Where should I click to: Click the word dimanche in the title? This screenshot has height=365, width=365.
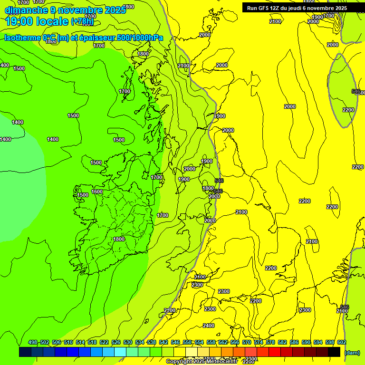pos(26,10)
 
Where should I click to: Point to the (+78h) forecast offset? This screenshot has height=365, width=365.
pos(82,21)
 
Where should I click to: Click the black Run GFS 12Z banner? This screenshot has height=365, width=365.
pos(297,8)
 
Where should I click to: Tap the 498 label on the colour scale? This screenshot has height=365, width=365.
pos(33,342)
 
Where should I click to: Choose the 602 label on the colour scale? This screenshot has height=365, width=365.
pos(342,342)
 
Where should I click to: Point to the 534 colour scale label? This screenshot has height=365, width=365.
pos(140,342)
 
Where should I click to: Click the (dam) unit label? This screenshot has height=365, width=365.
pos(352,353)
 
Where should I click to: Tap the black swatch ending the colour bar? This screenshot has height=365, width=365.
pos(334,352)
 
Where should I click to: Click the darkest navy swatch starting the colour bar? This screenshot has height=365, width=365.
pos(25,352)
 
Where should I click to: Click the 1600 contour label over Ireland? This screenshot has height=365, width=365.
pos(97,192)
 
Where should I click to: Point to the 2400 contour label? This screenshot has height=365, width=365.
pos(209,326)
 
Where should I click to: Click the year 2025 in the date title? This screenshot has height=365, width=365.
pos(115,10)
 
